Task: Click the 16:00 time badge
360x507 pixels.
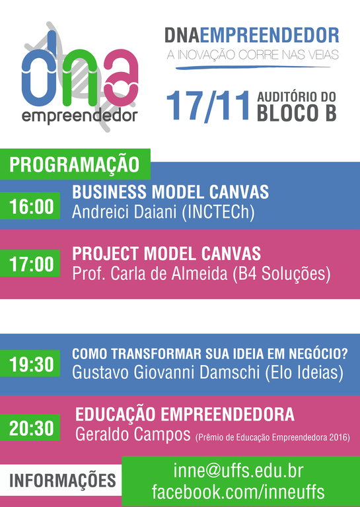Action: (x=30, y=206)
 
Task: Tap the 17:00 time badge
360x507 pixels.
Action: (x=30, y=263)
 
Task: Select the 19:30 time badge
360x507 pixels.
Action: (x=30, y=364)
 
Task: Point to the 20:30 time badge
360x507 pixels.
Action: (x=30, y=428)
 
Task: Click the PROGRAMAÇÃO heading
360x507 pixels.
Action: (x=75, y=164)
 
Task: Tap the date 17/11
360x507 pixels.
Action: (x=209, y=106)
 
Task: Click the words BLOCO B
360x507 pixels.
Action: (x=297, y=113)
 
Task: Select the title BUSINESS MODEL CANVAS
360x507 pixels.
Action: (x=170, y=192)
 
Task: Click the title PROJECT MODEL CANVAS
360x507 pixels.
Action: (x=166, y=253)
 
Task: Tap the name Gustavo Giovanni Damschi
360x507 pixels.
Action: (x=166, y=372)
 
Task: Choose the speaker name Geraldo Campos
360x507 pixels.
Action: (x=133, y=434)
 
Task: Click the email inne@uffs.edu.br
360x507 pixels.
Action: (x=238, y=471)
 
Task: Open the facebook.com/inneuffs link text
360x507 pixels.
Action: (x=238, y=492)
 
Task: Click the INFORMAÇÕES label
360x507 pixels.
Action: (x=63, y=481)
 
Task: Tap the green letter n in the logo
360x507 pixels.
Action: (x=80, y=82)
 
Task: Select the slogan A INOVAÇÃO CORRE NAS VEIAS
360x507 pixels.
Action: (x=252, y=55)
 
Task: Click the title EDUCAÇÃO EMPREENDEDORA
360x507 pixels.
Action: (x=185, y=415)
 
